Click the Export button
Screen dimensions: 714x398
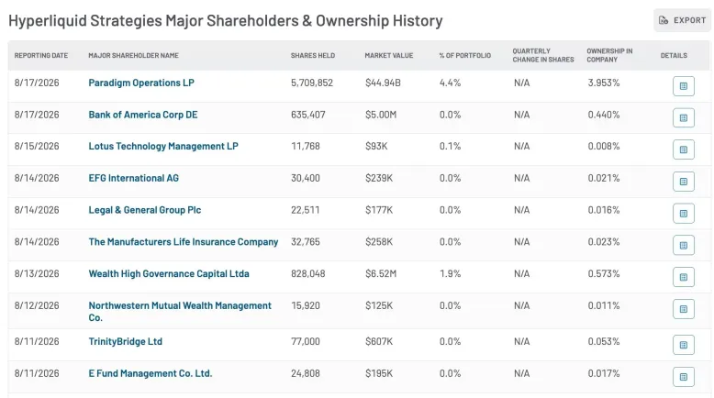(x=682, y=20)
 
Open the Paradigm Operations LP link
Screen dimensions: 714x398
(x=141, y=83)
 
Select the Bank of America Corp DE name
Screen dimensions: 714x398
(x=143, y=115)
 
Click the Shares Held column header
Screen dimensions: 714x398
(x=313, y=56)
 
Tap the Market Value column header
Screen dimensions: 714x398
(x=389, y=56)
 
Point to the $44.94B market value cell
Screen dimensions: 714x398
(x=383, y=83)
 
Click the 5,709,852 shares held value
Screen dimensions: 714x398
(x=312, y=83)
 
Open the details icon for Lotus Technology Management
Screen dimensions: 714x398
(x=684, y=149)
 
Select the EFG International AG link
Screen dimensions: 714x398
(x=133, y=178)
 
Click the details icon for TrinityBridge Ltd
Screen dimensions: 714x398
(x=684, y=345)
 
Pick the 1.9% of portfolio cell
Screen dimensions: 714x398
(x=450, y=274)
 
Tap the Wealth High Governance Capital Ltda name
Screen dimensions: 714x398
(x=169, y=274)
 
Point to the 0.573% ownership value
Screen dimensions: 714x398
(x=604, y=274)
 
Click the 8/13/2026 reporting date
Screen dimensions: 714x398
(x=37, y=274)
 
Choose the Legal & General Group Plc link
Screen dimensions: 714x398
(x=145, y=210)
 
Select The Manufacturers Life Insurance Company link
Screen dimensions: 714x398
(x=183, y=242)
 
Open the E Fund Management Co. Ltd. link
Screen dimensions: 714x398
(x=151, y=373)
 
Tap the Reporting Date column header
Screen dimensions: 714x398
(x=41, y=56)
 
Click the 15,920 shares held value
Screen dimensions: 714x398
(x=306, y=305)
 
